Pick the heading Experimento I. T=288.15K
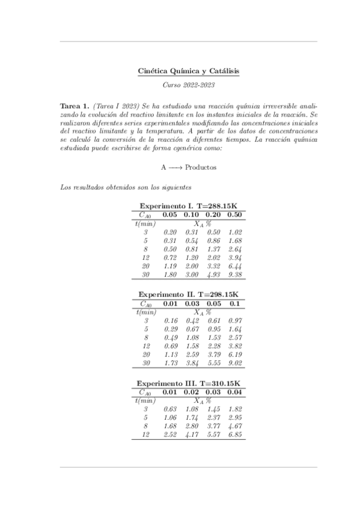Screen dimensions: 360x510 [x=188, y=205]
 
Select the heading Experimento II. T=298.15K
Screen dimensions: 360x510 [x=188, y=295]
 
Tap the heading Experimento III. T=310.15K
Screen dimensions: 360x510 [x=188, y=383]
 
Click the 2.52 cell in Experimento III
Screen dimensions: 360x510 [x=171, y=435]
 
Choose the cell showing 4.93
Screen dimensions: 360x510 [x=214, y=274]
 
